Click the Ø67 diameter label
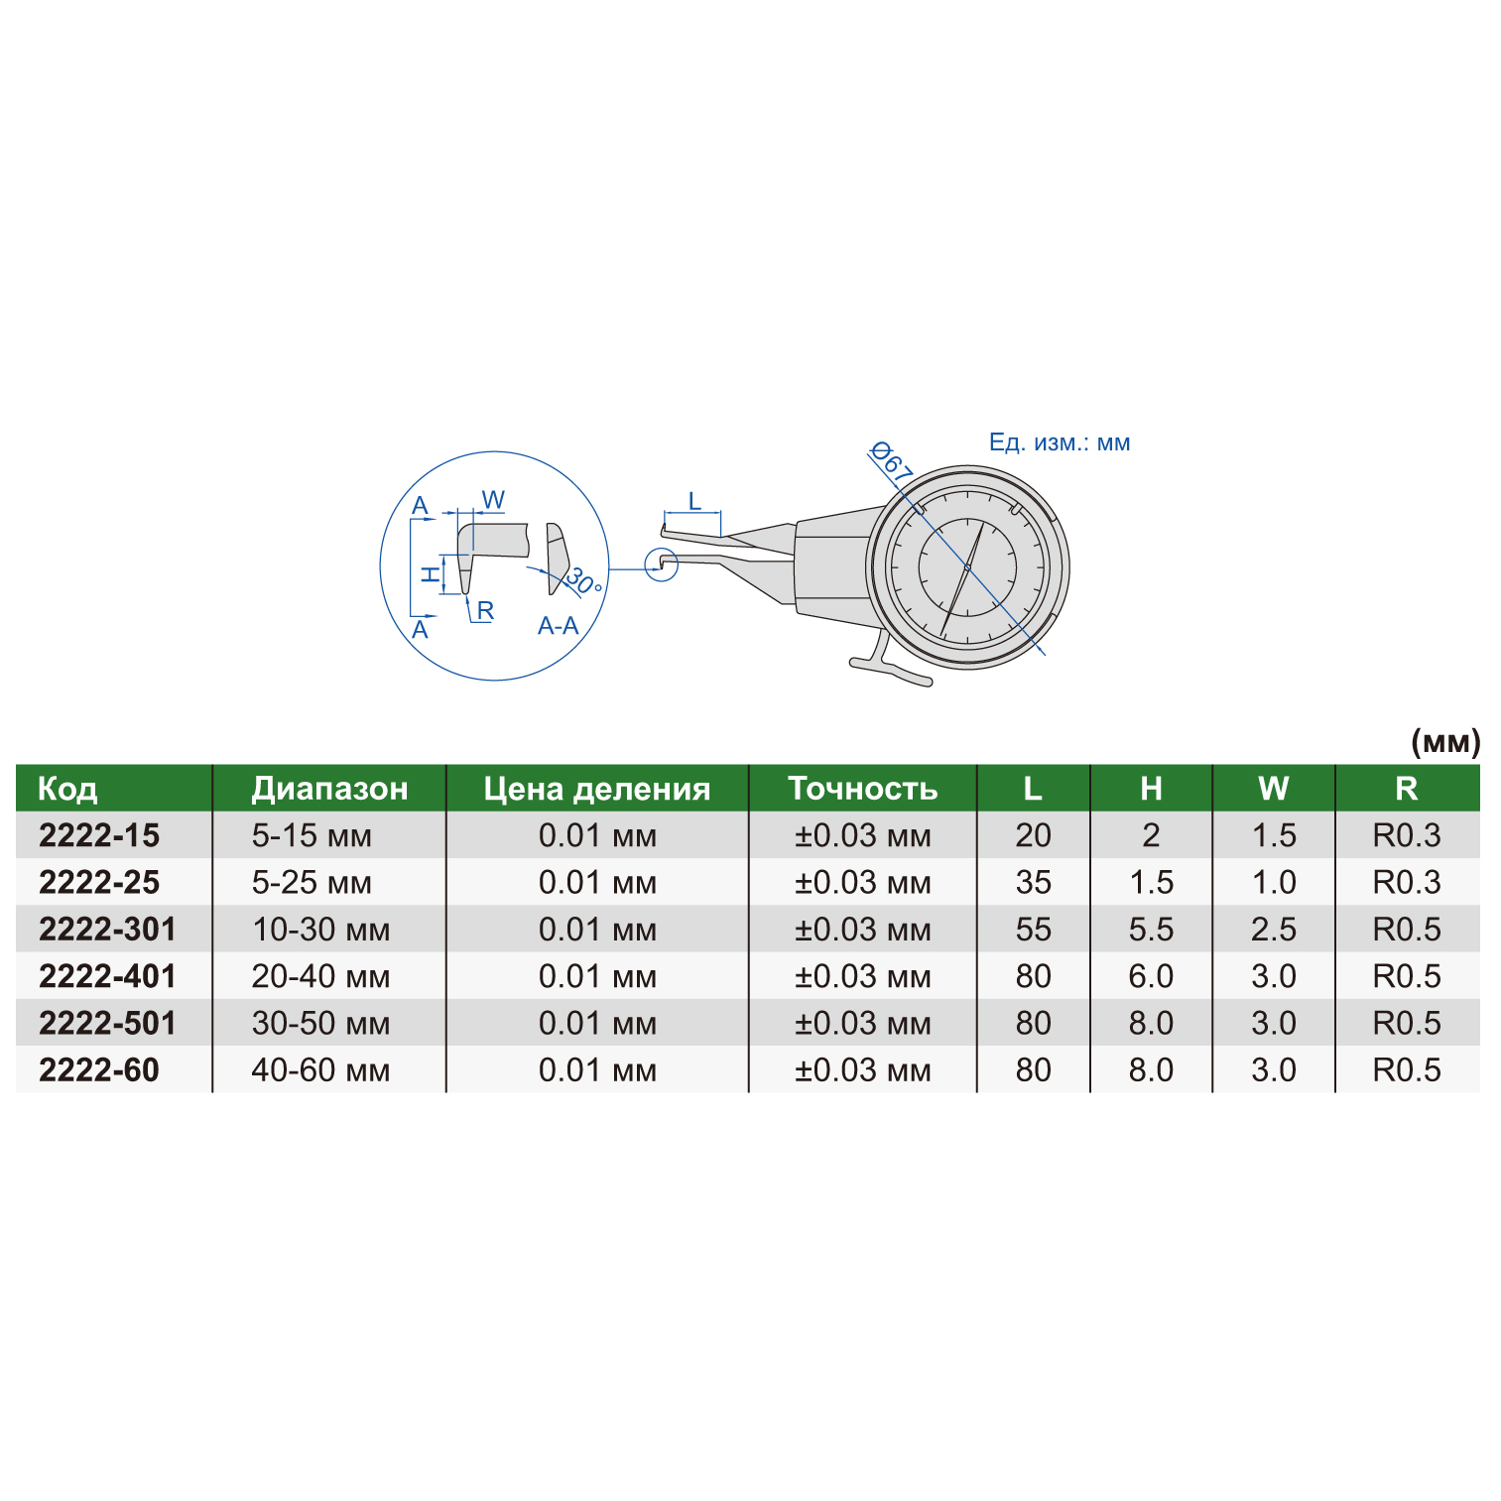(890, 463)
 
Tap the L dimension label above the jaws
(694, 501)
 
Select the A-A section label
(558, 626)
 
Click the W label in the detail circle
(493, 500)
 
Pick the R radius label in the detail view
(485, 611)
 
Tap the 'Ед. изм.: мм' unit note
(1060, 442)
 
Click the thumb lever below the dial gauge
(892, 670)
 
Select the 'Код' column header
(67, 789)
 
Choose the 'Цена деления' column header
(597, 789)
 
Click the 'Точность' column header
(862, 789)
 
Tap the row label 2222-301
(107, 930)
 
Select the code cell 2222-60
(99, 1070)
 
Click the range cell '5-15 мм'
(312, 836)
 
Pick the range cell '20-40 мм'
(320, 977)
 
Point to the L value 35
(1033, 883)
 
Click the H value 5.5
(1151, 930)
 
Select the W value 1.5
(1274, 836)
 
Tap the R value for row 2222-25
(1406, 883)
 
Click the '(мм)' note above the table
(1444, 742)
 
